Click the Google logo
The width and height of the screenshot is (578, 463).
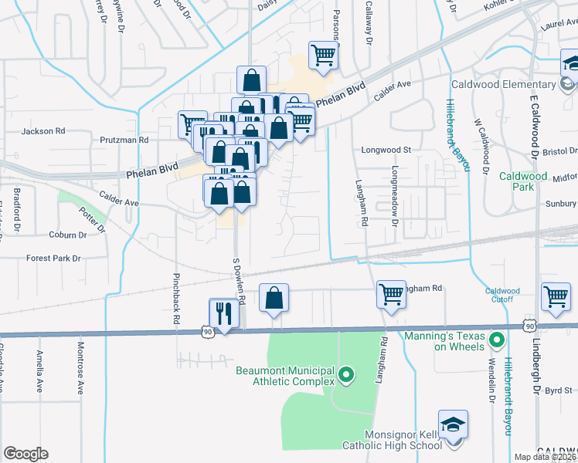click(25, 454)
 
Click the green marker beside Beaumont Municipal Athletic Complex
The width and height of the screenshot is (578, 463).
click(346, 377)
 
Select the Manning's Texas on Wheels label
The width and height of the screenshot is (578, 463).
click(446, 340)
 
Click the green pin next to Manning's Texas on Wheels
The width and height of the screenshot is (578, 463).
click(497, 339)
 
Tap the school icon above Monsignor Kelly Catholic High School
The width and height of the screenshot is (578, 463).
click(453, 425)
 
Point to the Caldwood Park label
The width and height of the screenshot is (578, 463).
click(517, 181)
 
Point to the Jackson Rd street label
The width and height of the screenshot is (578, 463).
click(43, 131)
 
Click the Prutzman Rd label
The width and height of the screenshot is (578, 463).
click(123, 140)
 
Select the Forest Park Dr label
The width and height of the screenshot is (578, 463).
click(53, 259)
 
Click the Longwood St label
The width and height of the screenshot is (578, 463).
click(384, 150)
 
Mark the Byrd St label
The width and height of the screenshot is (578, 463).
click(557, 391)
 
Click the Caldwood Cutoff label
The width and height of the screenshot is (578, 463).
click(502, 295)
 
